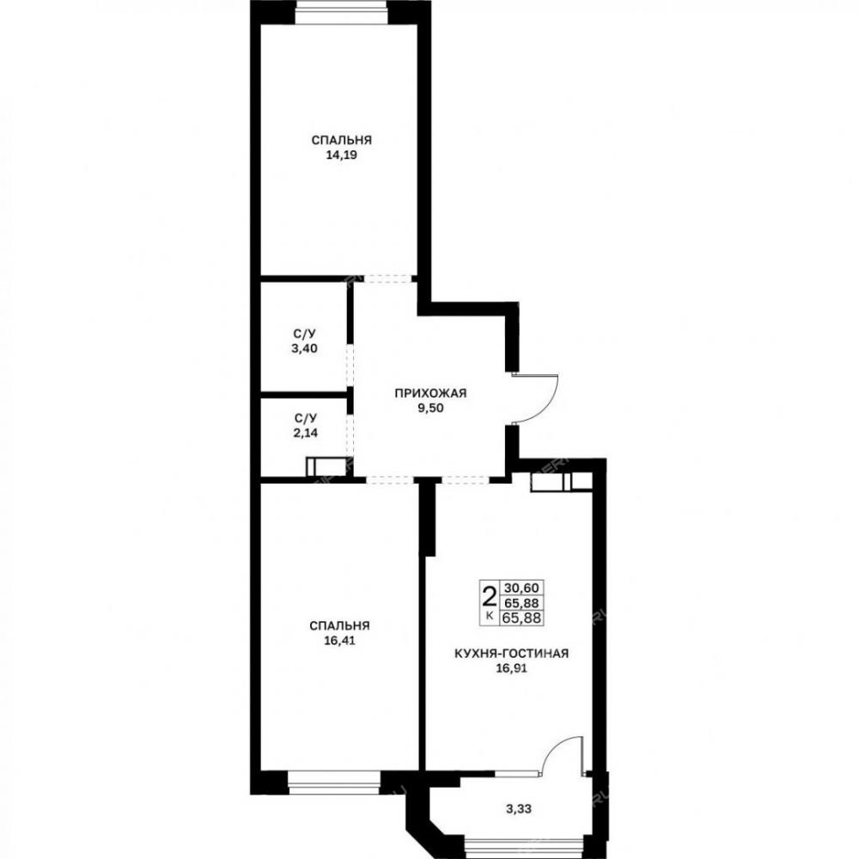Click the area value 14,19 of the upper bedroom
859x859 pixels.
(341, 155)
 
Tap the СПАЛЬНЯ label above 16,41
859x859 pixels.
(339, 625)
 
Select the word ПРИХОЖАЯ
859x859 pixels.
(430, 393)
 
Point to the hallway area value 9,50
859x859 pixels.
(430, 407)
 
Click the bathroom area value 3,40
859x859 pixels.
(305, 349)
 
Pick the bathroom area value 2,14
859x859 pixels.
(305, 433)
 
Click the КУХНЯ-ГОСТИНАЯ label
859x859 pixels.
(512, 653)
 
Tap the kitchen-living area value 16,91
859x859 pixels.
(512, 667)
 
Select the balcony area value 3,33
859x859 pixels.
(519, 808)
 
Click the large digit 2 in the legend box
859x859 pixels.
(489, 594)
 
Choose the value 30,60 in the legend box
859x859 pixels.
(521, 588)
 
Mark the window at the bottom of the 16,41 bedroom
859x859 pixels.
(333, 782)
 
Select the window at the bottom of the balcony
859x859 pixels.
(523, 849)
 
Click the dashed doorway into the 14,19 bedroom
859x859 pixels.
(388, 278)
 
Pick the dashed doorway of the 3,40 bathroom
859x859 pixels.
(350, 366)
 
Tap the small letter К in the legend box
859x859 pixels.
(490, 616)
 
